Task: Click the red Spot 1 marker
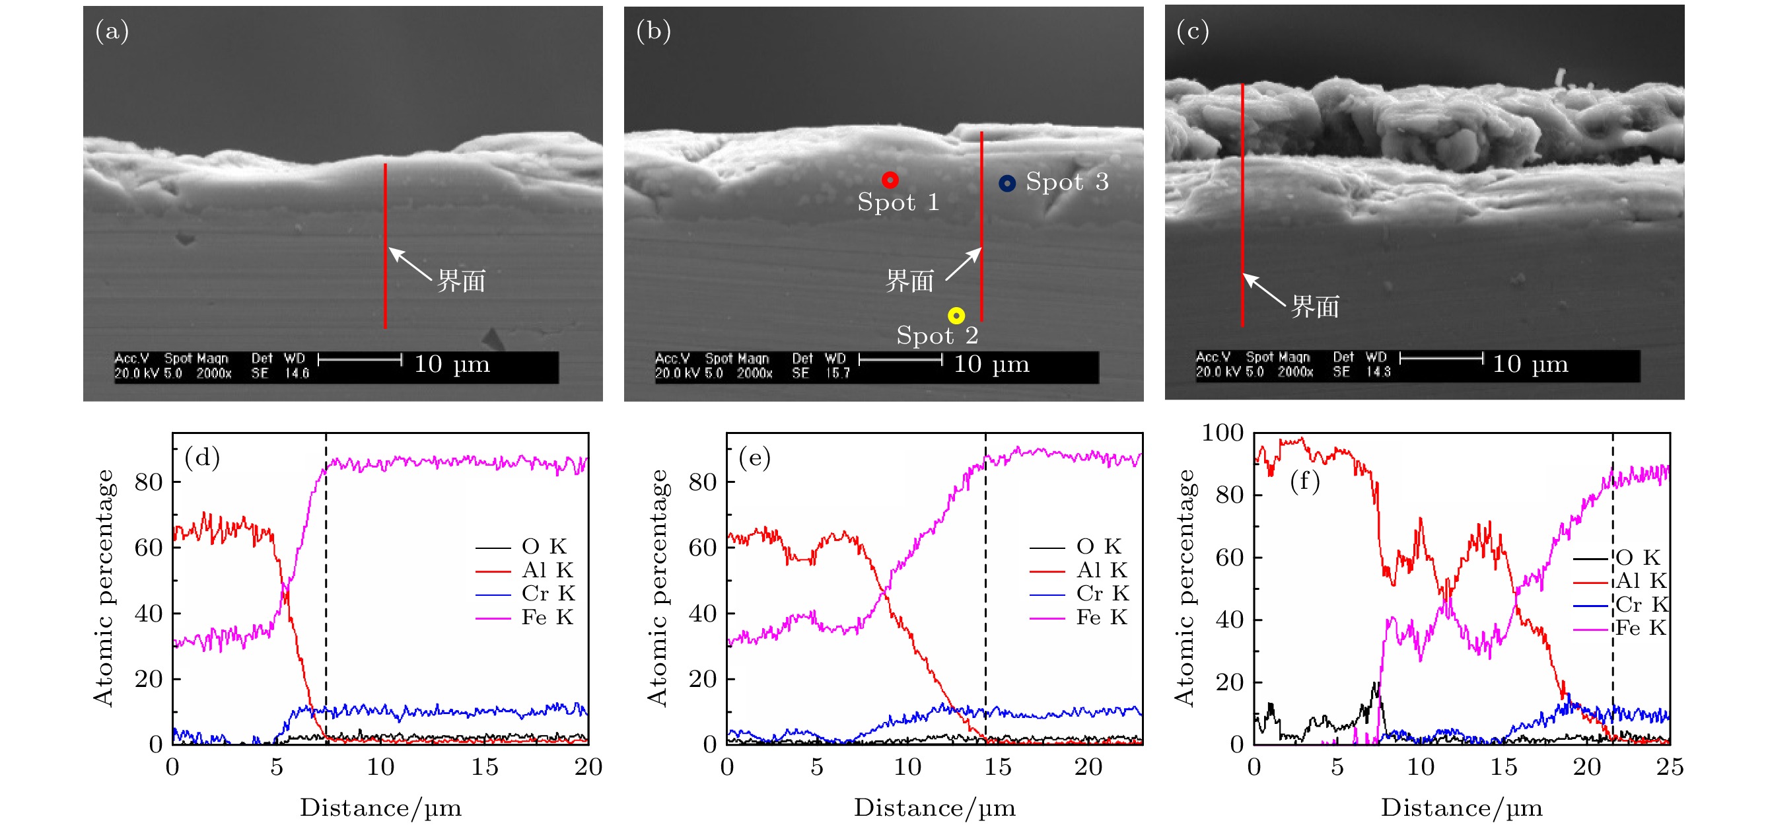pos(890,180)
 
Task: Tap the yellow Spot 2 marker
pos(956,316)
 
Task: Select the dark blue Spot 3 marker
pos(1007,183)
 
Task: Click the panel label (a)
pos(112,31)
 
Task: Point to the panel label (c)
pos(1193,31)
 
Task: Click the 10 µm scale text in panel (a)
pos(452,364)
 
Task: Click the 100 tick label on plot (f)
pos(1222,433)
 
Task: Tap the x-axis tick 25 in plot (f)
pos(1669,767)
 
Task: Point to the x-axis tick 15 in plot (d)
pos(485,767)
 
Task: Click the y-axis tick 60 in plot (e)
pos(703,548)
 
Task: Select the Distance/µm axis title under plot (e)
pos(934,808)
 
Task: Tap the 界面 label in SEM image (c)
pos(1315,306)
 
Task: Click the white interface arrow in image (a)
pos(409,264)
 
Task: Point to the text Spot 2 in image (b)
pos(937,336)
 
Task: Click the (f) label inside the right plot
pos(1305,480)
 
